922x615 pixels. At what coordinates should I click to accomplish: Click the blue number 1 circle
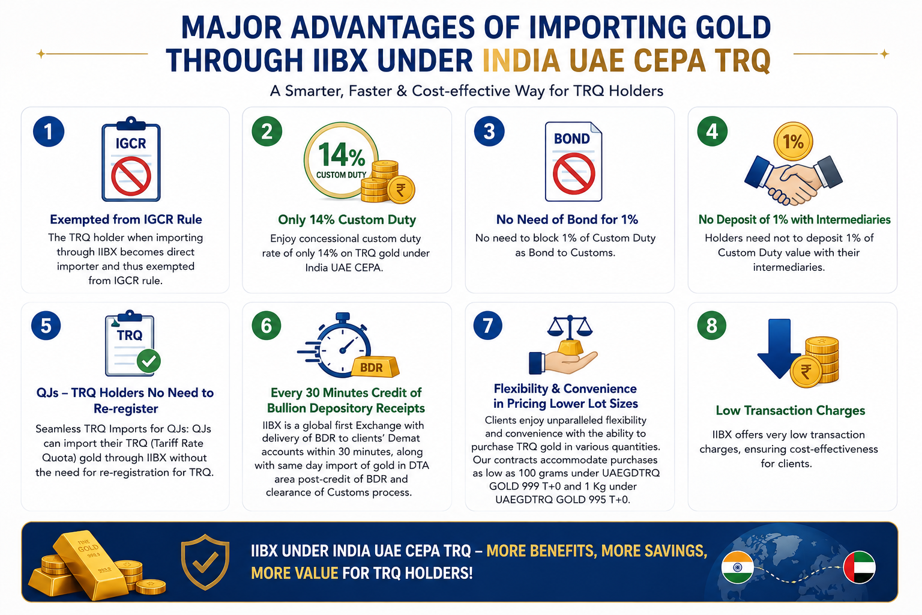pyautogui.click(x=49, y=132)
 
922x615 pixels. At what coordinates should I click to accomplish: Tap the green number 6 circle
pyautogui.click(x=267, y=326)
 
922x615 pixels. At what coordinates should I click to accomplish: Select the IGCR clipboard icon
pyautogui.click(x=131, y=159)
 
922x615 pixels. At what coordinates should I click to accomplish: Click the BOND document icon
pyautogui.click(x=573, y=162)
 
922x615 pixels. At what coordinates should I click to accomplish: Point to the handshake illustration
pyautogui.click(x=793, y=180)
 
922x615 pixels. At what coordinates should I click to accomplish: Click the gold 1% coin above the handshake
pyautogui.click(x=793, y=141)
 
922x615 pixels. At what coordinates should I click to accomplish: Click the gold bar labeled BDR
pyautogui.click(x=375, y=366)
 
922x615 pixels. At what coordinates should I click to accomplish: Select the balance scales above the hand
pyautogui.click(x=570, y=326)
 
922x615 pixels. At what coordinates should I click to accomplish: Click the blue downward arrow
pyautogui.click(x=779, y=348)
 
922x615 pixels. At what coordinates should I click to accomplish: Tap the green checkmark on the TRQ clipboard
pyautogui.click(x=149, y=362)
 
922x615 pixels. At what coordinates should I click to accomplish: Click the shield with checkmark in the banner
pyautogui.click(x=205, y=562)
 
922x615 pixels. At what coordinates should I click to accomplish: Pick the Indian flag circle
pyautogui.click(x=737, y=567)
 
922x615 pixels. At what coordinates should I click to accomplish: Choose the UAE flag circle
pyautogui.click(x=860, y=567)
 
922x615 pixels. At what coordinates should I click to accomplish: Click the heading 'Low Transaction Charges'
pyautogui.click(x=791, y=410)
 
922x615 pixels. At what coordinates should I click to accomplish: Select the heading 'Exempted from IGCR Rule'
pyautogui.click(x=126, y=220)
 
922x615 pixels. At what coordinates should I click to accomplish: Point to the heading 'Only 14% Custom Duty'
pyautogui.click(x=347, y=220)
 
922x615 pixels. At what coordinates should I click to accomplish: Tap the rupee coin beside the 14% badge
pyautogui.click(x=401, y=189)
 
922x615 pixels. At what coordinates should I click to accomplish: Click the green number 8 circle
pyautogui.click(x=712, y=326)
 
